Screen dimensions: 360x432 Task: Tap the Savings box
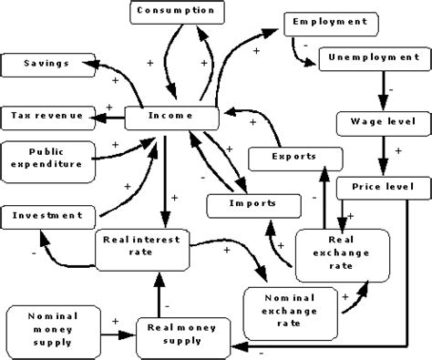click(44, 64)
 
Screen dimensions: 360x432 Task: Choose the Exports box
click(294, 157)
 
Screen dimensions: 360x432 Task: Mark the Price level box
click(376, 187)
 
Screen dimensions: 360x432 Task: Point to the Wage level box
click(376, 121)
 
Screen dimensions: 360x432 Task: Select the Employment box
click(325, 20)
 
